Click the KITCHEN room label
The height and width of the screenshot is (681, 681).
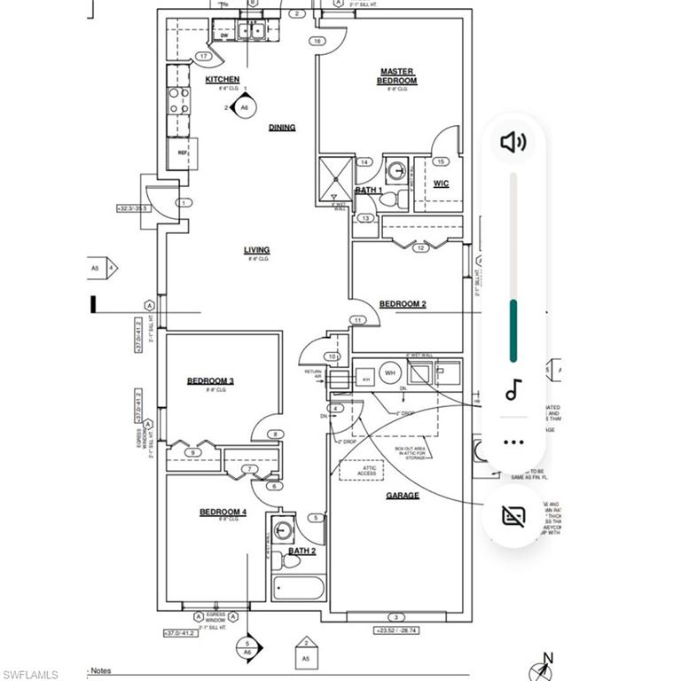pyautogui.click(x=222, y=80)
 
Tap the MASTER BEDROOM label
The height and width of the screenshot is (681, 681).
pyautogui.click(x=398, y=76)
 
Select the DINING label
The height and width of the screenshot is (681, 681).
pyautogui.click(x=282, y=128)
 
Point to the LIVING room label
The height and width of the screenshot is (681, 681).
pyautogui.click(x=256, y=250)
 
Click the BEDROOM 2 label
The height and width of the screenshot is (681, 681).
pyautogui.click(x=403, y=304)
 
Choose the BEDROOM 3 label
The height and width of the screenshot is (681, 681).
pyautogui.click(x=210, y=381)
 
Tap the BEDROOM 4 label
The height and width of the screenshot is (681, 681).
pyautogui.click(x=222, y=513)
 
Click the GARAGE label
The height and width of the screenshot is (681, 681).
pyautogui.click(x=403, y=496)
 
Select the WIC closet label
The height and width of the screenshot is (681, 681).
pyautogui.click(x=441, y=184)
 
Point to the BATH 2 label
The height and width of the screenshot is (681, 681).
pyautogui.click(x=301, y=551)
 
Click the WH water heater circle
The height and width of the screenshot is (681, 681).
pyautogui.click(x=389, y=373)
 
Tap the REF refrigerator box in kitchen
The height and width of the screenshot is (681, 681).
pyautogui.click(x=183, y=153)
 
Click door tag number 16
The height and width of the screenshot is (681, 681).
pyautogui.click(x=316, y=41)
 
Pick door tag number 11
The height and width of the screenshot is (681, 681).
pyautogui.click(x=358, y=319)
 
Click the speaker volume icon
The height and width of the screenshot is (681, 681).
pyautogui.click(x=513, y=142)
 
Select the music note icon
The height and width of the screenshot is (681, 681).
pyautogui.click(x=513, y=389)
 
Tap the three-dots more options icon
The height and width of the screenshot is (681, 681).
pyautogui.click(x=513, y=442)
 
